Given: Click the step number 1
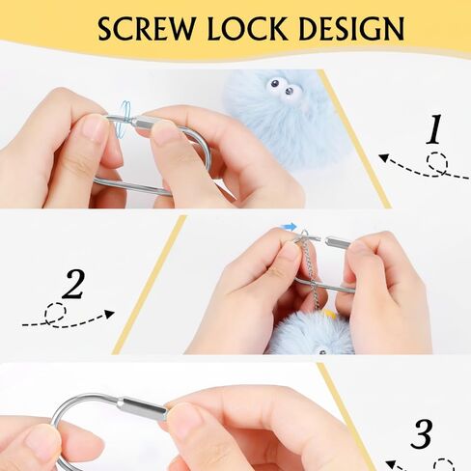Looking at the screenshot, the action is pyautogui.click(x=433, y=129).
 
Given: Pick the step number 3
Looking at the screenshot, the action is pyautogui.click(x=421, y=433).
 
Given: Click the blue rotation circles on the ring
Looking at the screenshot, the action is pyautogui.click(x=125, y=120).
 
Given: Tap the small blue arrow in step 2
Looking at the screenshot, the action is pyautogui.click(x=290, y=227).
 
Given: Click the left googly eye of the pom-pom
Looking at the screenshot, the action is pyautogui.click(x=274, y=85).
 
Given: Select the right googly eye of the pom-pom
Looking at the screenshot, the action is pyautogui.click(x=290, y=92).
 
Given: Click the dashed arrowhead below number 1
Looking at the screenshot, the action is pyautogui.click(x=383, y=158).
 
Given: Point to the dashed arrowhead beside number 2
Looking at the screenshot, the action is pyautogui.click(x=110, y=314).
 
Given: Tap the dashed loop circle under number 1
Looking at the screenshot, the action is pyautogui.click(x=437, y=164).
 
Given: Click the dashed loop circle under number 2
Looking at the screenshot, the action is pyautogui.click(x=55, y=314).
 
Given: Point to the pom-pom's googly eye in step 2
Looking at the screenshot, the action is pyautogui.click(x=322, y=351).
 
